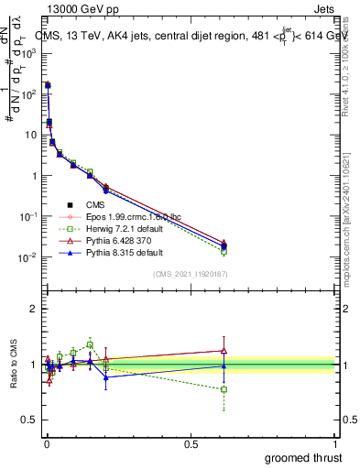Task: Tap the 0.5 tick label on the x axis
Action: (191, 442)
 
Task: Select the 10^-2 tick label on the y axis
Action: (28, 257)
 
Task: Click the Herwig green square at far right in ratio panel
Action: (326, 389)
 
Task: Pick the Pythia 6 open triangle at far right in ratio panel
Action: (326, 350)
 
